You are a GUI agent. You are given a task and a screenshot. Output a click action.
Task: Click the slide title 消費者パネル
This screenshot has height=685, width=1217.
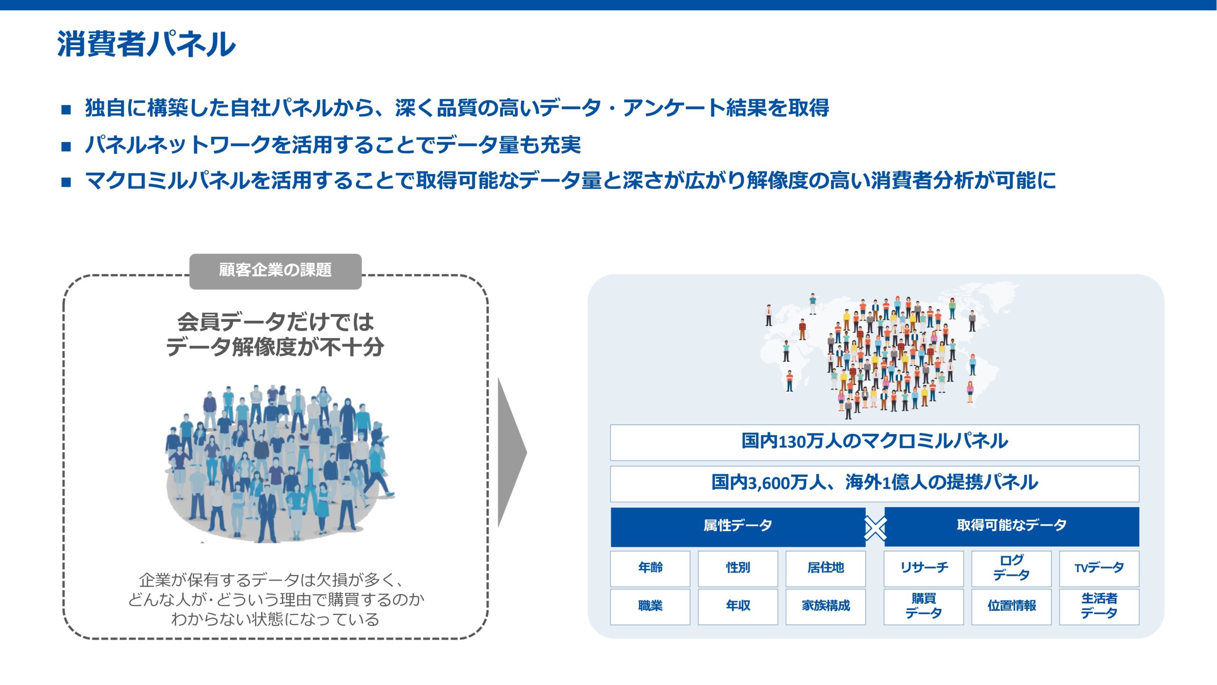pos(146,44)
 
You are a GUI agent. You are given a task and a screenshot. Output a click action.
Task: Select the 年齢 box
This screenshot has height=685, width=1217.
pos(650,569)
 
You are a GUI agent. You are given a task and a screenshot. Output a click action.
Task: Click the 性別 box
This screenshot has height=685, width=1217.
pos(738,569)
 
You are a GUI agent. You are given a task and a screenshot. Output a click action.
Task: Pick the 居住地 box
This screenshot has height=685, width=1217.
pos(825,569)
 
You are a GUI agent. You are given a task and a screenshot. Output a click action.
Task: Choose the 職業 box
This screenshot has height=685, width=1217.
pos(650,607)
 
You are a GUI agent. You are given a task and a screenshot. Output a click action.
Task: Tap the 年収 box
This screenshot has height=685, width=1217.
pos(738,607)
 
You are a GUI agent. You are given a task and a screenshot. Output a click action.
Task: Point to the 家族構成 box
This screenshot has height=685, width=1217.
pos(825,607)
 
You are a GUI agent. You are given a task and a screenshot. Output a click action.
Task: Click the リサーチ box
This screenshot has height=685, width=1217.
pos(924,569)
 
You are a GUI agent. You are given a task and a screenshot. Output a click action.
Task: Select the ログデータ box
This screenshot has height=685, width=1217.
pos(1011,569)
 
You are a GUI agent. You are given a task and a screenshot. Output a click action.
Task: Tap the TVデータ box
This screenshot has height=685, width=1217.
pos(1099,569)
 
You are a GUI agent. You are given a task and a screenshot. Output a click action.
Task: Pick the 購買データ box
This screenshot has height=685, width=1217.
pos(924,607)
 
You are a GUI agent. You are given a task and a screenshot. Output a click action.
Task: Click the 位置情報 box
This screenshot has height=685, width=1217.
pos(1011,607)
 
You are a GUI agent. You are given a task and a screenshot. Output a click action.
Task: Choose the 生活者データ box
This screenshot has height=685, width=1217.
pos(1099,607)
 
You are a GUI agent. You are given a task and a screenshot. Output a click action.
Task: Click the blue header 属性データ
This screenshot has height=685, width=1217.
pos(738,527)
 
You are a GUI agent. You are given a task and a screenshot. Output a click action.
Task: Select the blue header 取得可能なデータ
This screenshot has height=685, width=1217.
pos(1012,527)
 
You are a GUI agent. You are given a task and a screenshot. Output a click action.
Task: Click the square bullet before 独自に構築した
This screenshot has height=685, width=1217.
pos(66,110)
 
